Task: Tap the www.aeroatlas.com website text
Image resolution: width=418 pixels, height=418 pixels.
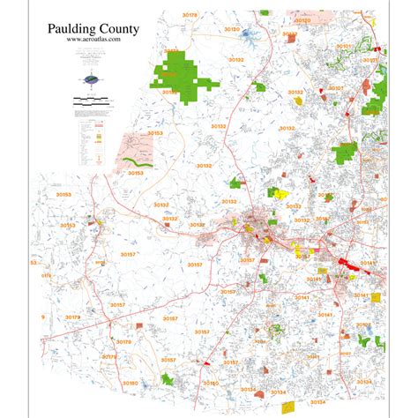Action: pyautogui.click(x=93, y=41)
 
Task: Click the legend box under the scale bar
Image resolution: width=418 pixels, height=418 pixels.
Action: pyautogui.click(x=93, y=132)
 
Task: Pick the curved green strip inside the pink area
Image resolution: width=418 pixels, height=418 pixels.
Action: pyautogui.click(x=138, y=161)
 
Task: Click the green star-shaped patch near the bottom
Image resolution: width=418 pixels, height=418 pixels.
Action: pyautogui.click(x=167, y=379)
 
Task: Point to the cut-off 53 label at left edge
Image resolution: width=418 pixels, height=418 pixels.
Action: pyautogui.click(x=34, y=263)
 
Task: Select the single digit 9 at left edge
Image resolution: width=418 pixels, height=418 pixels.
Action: pyautogui.click(x=41, y=316)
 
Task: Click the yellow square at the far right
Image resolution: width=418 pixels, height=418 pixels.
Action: pyautogui.click(x=377, y=298)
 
